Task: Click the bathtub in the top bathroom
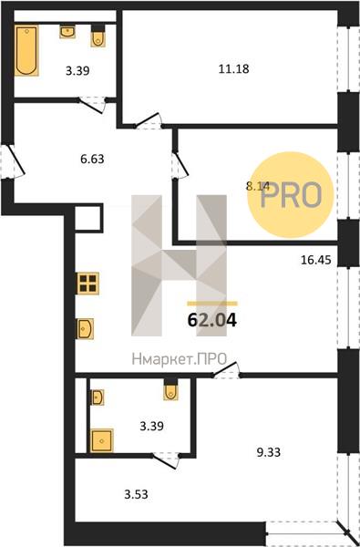tap(26, 50)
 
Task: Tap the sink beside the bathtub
tap(67, 32)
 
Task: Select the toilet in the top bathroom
tap(98, 36)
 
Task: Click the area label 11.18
tap(233, 68)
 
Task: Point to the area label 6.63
tap(92, 160)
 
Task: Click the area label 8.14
tap(258, 186)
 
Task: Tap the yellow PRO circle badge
tap(290, 195)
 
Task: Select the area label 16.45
tap(315, 260)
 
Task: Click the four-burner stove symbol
tap(87, 284)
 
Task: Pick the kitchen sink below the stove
tap(86, 328)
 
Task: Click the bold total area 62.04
tap(212, 320)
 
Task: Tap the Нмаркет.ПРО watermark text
tap(180, 358)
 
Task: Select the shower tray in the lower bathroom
tap(101, 440)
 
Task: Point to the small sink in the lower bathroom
tap(98, 397)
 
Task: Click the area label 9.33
tap(268, 452)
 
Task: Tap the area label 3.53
tap(137, 494)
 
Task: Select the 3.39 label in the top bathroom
tap(77, 71)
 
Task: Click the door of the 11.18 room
tap(149, 122)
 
